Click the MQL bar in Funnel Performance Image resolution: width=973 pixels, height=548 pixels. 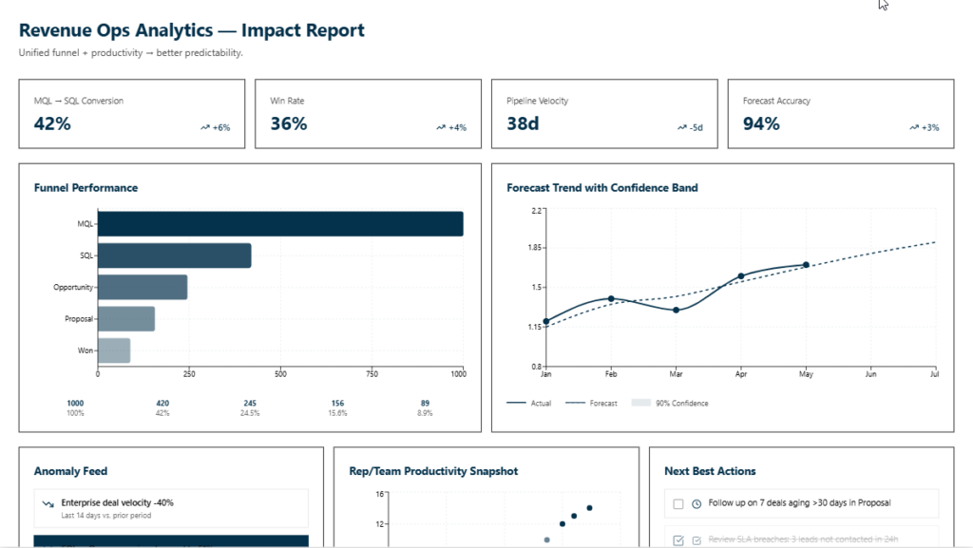tap(280, 224)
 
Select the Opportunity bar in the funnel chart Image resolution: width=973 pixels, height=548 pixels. tap(143, 287)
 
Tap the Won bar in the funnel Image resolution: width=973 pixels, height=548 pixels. tap(114, 350)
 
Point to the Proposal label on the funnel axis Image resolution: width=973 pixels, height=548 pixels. tap(79, 319)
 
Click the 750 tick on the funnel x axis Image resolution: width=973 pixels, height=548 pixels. tap(372, 374)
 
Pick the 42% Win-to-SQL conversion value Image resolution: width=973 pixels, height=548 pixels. tap(52, 123)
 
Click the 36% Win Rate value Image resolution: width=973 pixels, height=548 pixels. tap(289, 123)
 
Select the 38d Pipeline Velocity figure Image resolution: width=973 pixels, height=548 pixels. tap(524, 123)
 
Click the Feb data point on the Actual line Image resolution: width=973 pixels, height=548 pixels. tap(611, 298)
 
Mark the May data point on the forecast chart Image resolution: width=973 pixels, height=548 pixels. tap(806, 265)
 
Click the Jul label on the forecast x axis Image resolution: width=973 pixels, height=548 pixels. tap(936, 375)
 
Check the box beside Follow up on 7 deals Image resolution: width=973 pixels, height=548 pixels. tap(678, 503)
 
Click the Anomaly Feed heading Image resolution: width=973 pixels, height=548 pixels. tap(70, 471)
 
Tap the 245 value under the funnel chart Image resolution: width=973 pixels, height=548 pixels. tap(250, 403)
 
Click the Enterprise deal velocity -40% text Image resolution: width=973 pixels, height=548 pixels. tap(117, 502)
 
